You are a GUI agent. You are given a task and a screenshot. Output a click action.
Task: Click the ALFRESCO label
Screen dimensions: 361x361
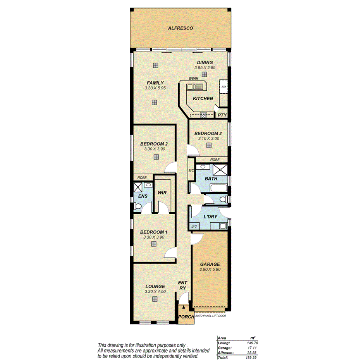point(180,28)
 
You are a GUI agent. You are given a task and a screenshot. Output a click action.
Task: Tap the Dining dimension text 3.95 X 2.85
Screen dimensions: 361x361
point(205,67)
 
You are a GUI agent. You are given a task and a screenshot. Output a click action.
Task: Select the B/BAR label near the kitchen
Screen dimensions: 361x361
point(193,79)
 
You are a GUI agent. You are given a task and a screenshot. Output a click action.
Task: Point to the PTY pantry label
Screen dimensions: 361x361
point(222,115)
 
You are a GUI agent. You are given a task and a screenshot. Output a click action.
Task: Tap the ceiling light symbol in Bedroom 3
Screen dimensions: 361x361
point(209,145)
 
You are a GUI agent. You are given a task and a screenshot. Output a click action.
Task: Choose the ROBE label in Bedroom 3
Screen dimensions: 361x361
point(215,160)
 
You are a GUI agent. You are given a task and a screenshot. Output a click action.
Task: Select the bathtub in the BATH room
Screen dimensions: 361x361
point(219,189)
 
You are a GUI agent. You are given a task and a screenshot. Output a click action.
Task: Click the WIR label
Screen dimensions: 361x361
point(162,193)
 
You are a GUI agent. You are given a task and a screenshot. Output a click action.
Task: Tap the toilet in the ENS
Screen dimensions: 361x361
point(137,208)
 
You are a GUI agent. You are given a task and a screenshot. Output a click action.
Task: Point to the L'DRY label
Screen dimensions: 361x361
point(210,217)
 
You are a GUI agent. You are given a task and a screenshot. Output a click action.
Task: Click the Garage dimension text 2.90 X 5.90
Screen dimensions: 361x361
point(210,270)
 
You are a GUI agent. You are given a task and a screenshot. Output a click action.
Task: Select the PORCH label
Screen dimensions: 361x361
point(186,317)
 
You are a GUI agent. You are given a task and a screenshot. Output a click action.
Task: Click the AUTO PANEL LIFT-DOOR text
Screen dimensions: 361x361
point(211,316)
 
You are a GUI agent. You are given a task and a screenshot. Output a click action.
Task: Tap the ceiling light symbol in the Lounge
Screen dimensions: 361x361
point(155,299)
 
